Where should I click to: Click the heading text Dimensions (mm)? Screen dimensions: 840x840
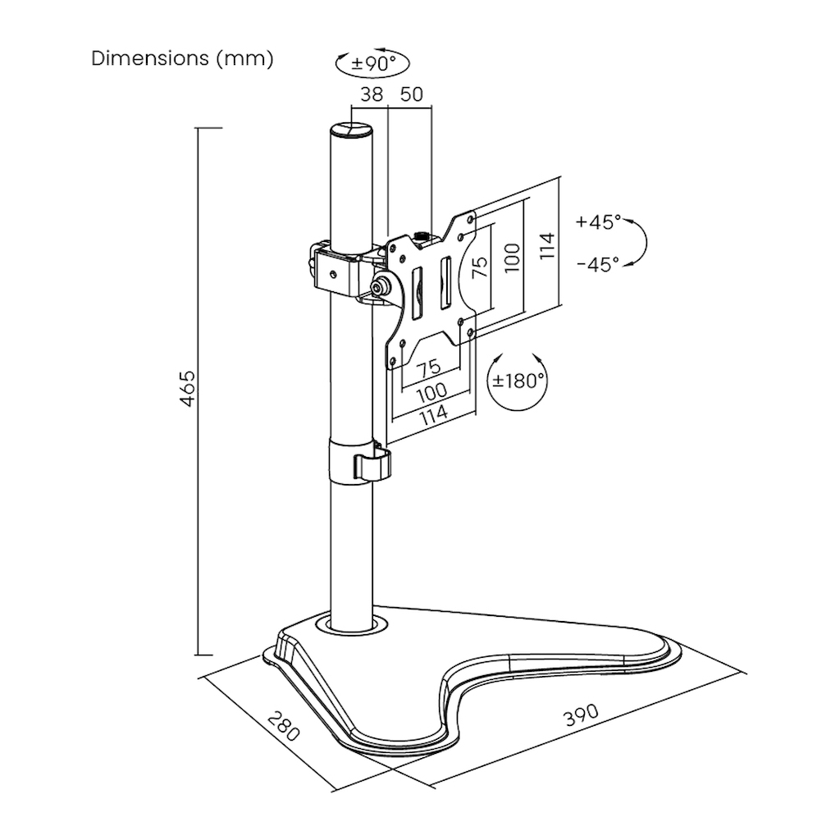pos(182,59)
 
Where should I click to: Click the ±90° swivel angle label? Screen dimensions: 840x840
pos(373,64)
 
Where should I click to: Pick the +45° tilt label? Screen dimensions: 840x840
pos(599,221)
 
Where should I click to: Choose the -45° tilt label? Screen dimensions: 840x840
pos(599,264)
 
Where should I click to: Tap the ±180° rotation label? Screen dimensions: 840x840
pos(518,381)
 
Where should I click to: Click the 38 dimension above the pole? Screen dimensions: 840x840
pos(372,94)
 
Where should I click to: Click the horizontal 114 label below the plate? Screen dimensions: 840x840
pos(433,414)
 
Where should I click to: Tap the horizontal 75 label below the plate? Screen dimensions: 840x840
pos(428,367)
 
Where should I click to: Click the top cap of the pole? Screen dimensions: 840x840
pos(350,132)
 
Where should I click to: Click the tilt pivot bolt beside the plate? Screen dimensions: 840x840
pos(381,287)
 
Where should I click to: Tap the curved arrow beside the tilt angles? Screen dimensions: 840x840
pos(641,242)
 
